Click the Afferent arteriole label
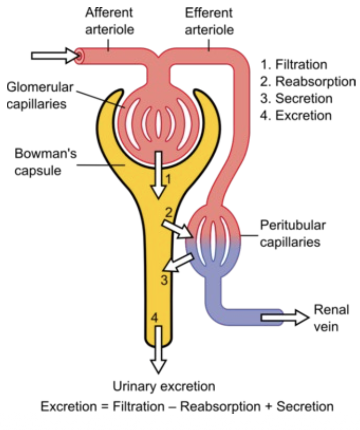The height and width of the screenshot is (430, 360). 109,21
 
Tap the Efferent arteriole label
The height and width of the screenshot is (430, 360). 209,21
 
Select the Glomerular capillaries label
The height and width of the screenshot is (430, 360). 40,95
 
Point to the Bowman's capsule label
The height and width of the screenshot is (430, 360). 45,162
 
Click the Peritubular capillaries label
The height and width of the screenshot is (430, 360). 293,234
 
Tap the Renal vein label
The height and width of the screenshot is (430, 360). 331,318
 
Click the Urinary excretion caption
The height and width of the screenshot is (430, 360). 164,386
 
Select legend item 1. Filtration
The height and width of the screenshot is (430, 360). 294,64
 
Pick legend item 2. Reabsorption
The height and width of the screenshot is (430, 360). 308,82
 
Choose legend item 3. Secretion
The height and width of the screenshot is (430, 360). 296,98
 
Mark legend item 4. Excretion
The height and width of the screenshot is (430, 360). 296,116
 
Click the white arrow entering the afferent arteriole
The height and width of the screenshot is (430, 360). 55,56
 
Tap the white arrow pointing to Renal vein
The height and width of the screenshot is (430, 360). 285,318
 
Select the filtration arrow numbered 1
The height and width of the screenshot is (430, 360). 158,174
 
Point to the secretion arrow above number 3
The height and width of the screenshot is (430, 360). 179,262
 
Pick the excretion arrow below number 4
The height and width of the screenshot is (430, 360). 158,349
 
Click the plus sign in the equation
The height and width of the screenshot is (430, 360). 268,407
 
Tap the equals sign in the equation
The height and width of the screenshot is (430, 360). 104,407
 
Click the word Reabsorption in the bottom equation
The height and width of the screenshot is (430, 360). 220,407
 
